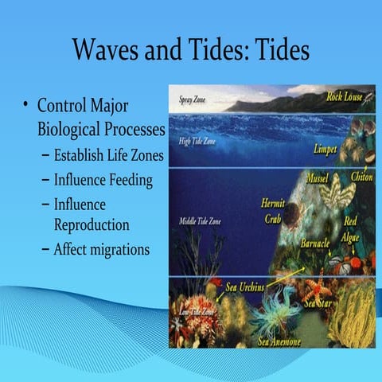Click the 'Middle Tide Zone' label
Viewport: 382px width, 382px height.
pos(196,220)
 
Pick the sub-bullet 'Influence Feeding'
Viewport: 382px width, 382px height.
pos(103,180)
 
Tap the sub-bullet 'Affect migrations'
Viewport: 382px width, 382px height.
pos(101,249)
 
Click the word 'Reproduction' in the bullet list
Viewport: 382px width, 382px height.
pos(92,225)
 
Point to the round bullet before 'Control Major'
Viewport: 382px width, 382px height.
pos(25,106)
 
